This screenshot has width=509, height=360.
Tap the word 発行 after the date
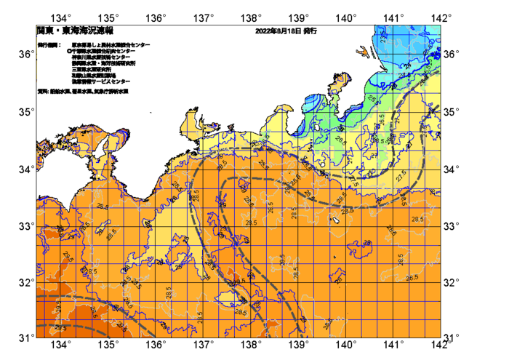pos(310,31)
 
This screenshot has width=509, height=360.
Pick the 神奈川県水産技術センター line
pos(101,57)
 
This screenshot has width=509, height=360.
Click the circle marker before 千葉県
pos(68,51)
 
